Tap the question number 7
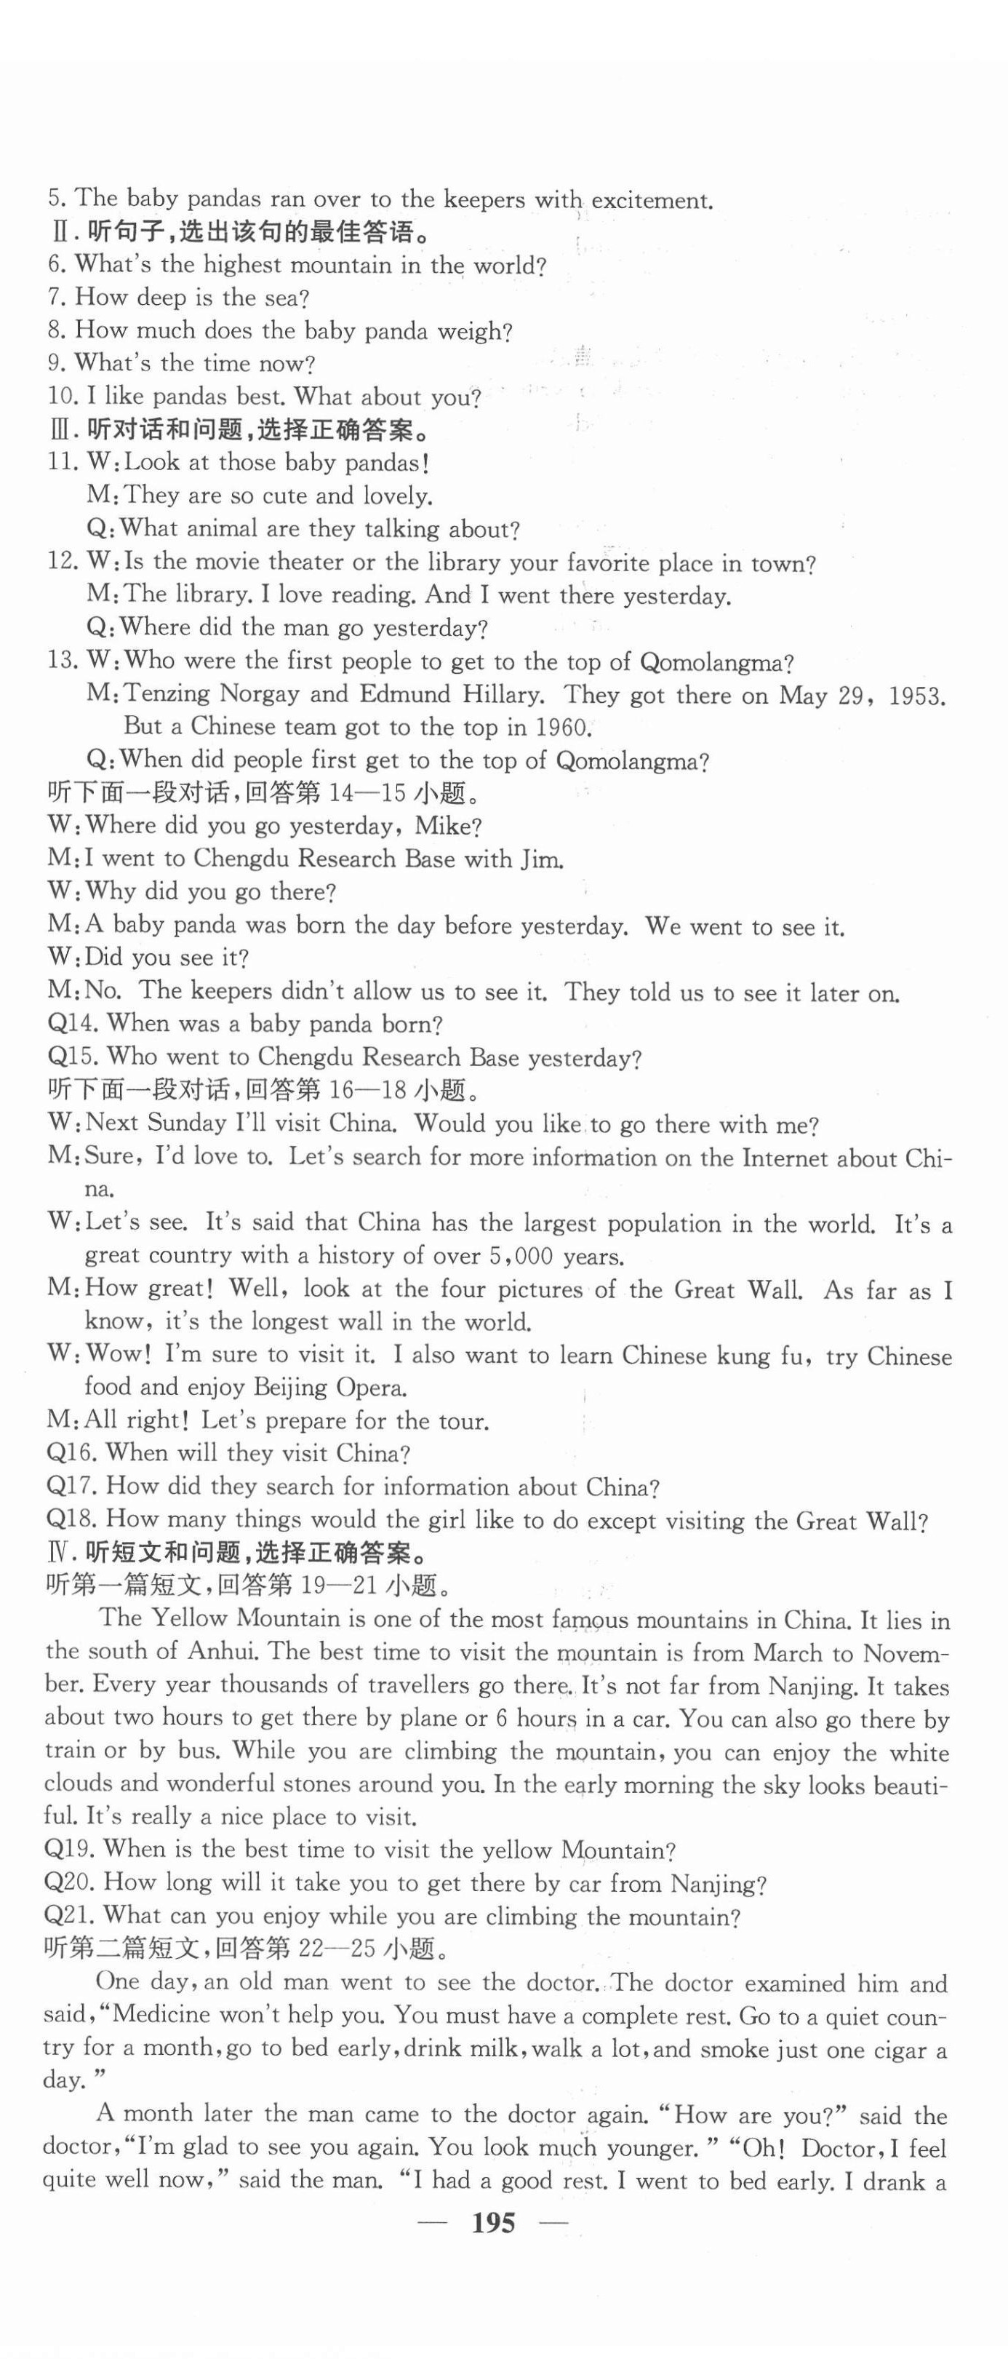pyautogui.click(x=57, y=297)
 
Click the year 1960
pyautogui.click(x=559, y=728)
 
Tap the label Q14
pyautogui.click(x=71, y=1024)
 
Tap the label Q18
pyautogui.click(x=71, y=1519)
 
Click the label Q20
pyautogui.click(x=70, y=1883)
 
